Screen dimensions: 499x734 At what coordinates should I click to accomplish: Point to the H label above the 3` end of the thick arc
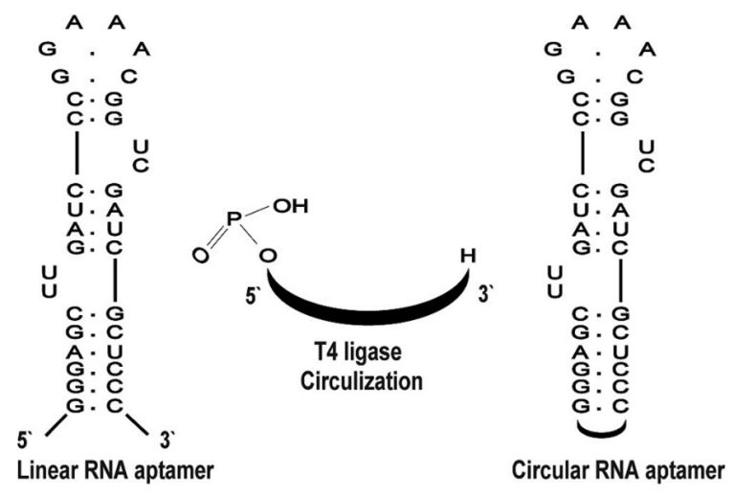pyautogui.click(x=466, y=256)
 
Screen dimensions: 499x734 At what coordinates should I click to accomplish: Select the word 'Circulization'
pyautogui.click(x=362, y=380)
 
